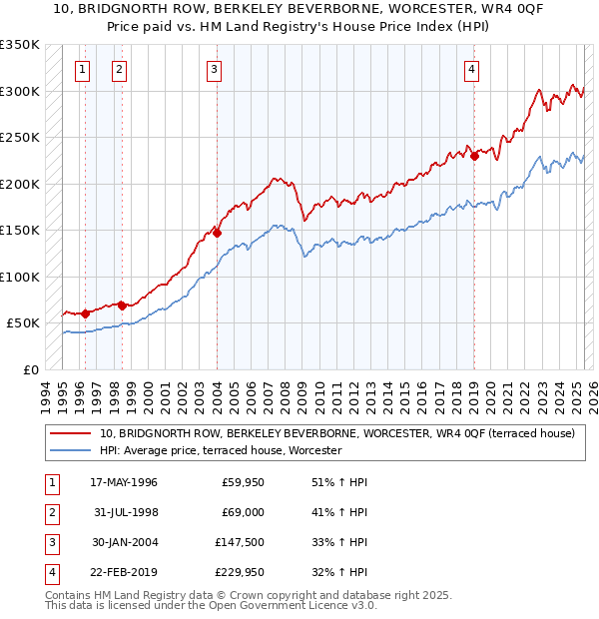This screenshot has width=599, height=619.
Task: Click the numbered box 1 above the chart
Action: tap(81, 70)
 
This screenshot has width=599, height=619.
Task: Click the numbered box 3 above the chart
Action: tap(215, 70)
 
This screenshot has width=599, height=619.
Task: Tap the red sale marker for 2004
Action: tap(217, 233)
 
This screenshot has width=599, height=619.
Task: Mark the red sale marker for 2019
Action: tap(475, 155)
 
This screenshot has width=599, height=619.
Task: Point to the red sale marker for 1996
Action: tap(85, 313)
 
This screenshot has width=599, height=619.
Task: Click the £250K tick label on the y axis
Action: tap(20, 138)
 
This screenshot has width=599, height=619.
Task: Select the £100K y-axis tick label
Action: tap(20, 277)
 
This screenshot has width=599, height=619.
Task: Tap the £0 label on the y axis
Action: tap(30, 369)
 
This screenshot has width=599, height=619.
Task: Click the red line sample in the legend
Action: tap(70, 434)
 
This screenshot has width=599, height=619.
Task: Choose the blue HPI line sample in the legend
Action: tap(70, 451)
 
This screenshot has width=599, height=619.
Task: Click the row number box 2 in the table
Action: tap(49, 512)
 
